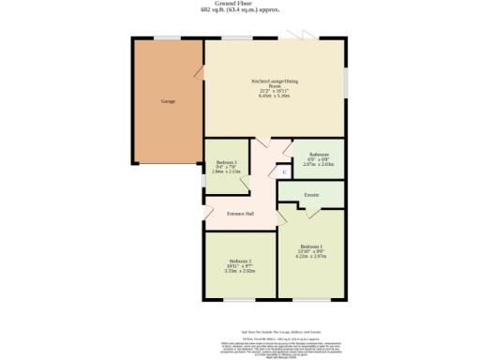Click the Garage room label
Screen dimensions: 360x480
coord(168,101)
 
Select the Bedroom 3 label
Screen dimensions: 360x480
coord(226,163)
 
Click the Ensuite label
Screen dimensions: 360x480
coord(312,195)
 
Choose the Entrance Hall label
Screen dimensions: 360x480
coord(241,213)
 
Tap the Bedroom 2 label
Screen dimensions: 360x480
coord(240,261)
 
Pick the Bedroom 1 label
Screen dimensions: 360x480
coord(311,246)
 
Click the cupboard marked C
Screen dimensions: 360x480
coord(284,172)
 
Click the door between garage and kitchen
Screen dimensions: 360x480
coord(200,71)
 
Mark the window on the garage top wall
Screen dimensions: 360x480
coord(168,38)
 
